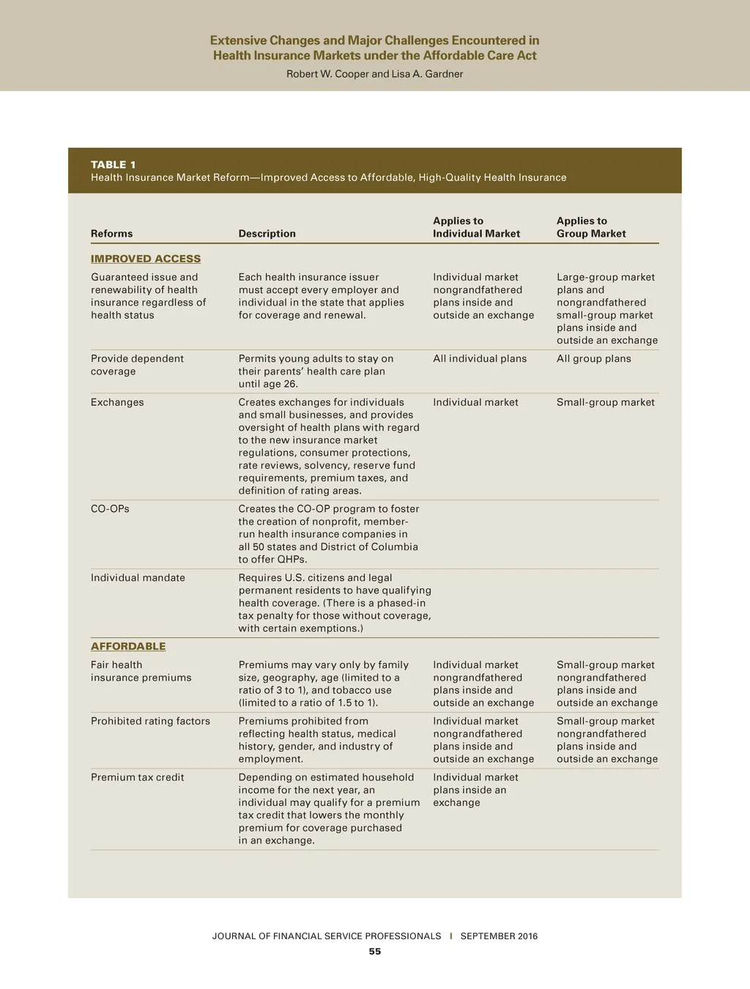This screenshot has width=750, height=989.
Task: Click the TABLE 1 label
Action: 113,165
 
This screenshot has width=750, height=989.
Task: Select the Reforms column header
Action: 111,234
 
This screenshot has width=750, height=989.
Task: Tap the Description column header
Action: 267,234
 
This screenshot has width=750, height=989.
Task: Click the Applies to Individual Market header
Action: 476,227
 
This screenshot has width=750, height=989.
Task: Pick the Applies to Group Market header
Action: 591,227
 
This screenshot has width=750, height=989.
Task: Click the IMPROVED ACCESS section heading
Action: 146,259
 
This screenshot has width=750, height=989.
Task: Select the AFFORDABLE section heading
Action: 128,646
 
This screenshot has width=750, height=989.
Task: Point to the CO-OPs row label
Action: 110,508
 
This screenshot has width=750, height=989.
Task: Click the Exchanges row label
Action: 117,402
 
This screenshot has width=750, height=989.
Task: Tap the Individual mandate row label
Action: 138,578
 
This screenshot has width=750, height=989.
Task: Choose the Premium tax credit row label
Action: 138,777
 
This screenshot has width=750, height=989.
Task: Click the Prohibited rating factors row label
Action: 150,721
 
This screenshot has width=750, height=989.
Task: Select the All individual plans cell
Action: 480,359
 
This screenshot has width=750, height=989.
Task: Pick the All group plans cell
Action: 593,359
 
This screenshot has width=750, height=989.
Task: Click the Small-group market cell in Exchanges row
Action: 605,402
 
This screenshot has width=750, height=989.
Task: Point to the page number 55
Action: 375,952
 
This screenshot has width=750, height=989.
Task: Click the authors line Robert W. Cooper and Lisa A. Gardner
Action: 374,74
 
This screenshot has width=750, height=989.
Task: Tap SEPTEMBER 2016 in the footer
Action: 499,936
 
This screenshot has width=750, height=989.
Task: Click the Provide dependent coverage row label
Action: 137,365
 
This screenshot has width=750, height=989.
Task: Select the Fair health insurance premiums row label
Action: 141,671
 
